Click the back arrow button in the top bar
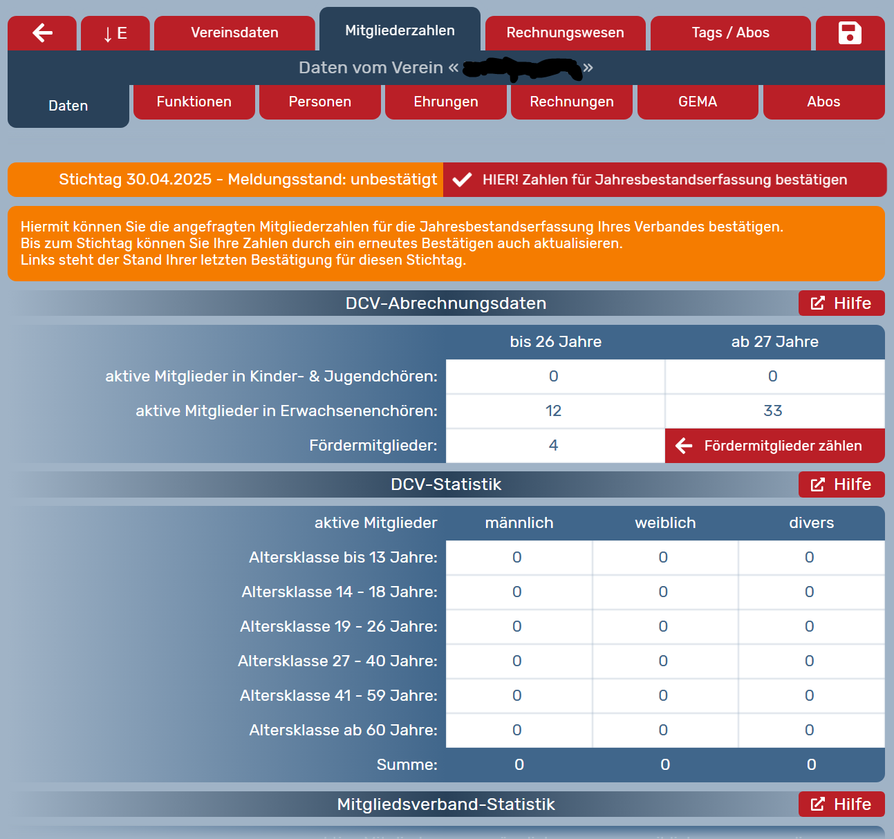pos(42,32)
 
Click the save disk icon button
pos(850,32)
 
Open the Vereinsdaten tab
pos(234,32)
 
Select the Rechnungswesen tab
pos(565,32)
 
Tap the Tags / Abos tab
pos(730,32)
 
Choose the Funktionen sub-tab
pos(194,102)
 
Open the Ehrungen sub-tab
pos(445,102)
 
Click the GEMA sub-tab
pos(697,102)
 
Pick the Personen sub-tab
pos(319,102)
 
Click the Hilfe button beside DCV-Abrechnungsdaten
pos(841,303)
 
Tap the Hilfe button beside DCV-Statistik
pos(841,484)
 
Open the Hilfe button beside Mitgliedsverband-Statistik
pos(841,804)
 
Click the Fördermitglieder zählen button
pos(774,446)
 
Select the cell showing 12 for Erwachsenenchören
pos(555,411)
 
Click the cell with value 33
pos(774,411)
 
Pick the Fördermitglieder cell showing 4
pos(555,446)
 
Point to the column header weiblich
pos(665,523)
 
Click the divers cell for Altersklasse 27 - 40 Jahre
pos(810,661)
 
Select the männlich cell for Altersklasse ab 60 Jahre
pos(518,730)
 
